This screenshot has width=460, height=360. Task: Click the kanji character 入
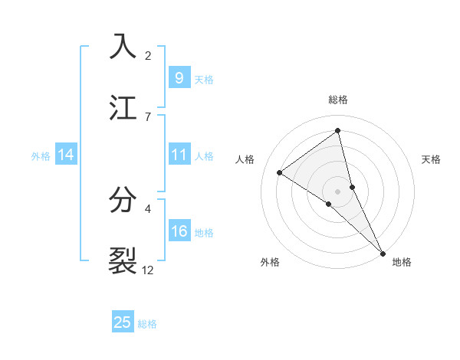(x=123, y=46)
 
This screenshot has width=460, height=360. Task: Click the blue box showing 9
(x=179, y=77)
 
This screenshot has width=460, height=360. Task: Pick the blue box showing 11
(x=179, y=155)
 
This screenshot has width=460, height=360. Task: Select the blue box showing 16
(x=179, y=232)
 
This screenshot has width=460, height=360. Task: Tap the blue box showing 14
(x=66, y=155)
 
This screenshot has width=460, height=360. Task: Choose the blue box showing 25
(x=123, y=322)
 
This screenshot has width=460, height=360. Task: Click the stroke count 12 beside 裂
(x=148, y=270)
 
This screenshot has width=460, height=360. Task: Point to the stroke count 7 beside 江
(x=148, y=116)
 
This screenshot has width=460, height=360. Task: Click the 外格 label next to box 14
(x=41, y=155)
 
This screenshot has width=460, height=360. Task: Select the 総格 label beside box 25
(x=147, y=324)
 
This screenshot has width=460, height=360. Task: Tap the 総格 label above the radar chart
(x=338, y=100)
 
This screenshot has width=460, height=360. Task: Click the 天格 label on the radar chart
(x=432, y=159)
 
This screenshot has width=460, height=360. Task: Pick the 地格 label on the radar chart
(x=402, y=262)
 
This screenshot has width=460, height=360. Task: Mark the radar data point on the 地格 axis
(x=383, y=253)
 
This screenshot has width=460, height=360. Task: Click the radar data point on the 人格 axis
(x=280, y=172)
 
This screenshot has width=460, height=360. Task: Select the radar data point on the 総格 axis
(x=338, y=131)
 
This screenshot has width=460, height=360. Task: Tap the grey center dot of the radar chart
(x=338, y=191)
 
